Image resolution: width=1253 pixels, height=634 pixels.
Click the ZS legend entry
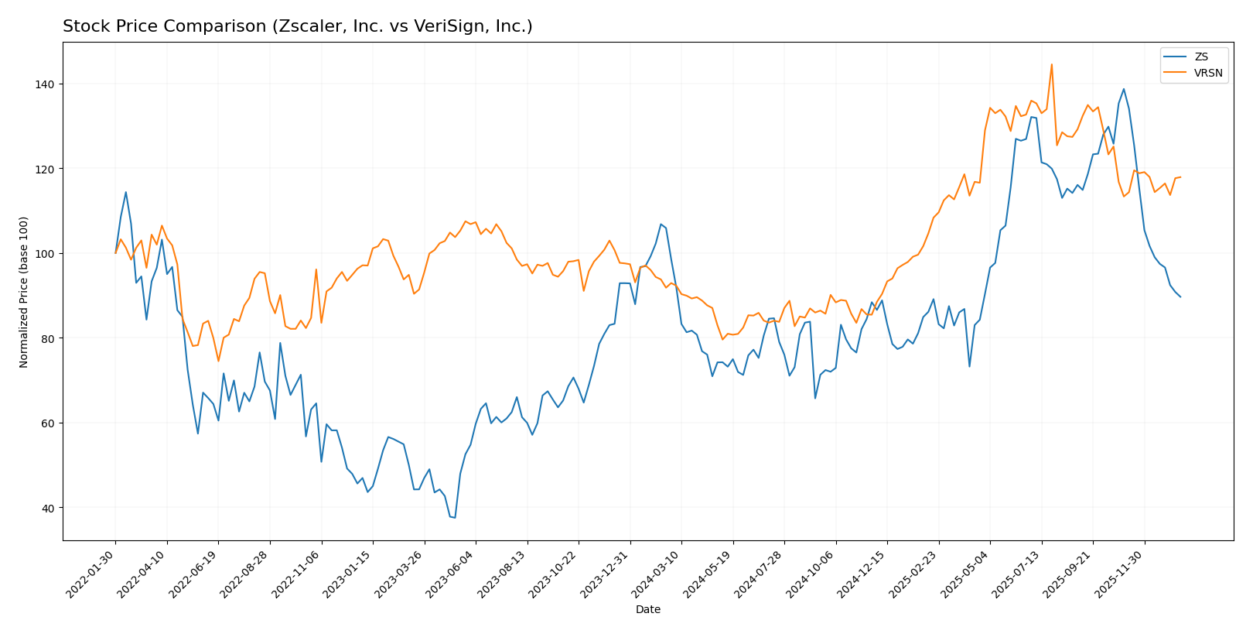point(1200,57)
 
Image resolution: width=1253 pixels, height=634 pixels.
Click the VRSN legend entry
point(1207,74)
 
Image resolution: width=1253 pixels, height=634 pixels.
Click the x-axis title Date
point(647,610)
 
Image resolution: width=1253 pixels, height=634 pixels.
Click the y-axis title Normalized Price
point(24,292)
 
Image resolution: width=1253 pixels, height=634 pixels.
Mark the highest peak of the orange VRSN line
point(1051,64)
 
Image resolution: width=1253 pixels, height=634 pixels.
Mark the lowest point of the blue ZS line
point(455,518)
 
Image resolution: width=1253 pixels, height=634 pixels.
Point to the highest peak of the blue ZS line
point(1123,88)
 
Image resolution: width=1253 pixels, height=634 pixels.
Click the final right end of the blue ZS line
point(1180,296)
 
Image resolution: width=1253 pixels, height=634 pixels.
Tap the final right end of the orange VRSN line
point(1180,177)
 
